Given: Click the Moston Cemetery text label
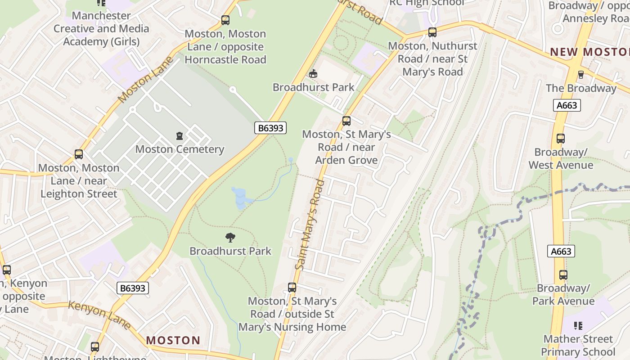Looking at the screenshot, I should [x=180, y=149].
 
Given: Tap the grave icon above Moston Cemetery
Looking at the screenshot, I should [x=180, y=135].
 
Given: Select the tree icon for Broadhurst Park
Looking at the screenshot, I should [x=230, y=237].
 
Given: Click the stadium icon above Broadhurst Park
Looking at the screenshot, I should [x=313, y=73].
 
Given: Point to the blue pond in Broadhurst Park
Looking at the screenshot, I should [x=239, y=198].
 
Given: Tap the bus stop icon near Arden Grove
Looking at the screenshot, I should [x=346, y=121].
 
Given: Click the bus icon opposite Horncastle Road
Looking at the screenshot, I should [x=225, y=20].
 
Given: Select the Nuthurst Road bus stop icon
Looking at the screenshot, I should [x=432, y=32].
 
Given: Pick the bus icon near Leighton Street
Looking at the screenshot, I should [x=79, y=154].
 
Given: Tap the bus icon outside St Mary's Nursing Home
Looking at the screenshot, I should [x=292, y=288].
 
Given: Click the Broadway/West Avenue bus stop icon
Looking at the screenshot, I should [x=560, y=139].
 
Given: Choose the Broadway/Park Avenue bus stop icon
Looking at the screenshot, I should [x=563, y=274].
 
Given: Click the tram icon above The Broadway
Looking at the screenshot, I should [x=580, y=74].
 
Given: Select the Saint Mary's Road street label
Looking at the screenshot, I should [x=310, y=225].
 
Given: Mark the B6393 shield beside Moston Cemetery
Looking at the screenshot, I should [x=270, y=128].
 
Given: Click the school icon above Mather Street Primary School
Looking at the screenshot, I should [x=579, y=325].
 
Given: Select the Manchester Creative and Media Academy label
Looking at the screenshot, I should [x=101, y=28].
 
